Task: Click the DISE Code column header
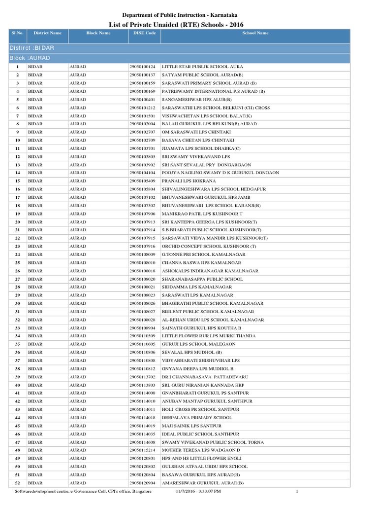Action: pyautogui.click(x=144, y=33)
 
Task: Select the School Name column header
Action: pyautogui.click(x=255, y=33)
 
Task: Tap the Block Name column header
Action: pyautogui.click(x=98, y=33)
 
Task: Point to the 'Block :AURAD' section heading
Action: pyautogui.click(x=30, y=58)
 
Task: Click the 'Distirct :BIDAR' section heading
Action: pyautogui.click(x=32, y=48)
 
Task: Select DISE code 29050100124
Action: pyautogui.click(x=142, y=67)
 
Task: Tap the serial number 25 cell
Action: pyautogui.click(x=17, y=262)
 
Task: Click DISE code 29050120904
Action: pyautogui.click(x=142, y=483)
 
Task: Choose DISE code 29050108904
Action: pyautogui.click(x=142, y=328)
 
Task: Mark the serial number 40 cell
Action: pyautogui.click(x=17, y=385)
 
